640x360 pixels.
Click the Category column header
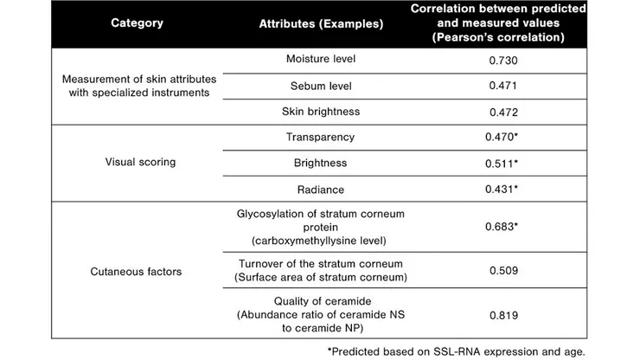(137, 23)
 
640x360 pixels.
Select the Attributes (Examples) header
(322, 24)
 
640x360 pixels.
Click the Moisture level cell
(321, 60)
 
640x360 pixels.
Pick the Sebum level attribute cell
(321, 87)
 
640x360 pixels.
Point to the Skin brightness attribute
(321, 112)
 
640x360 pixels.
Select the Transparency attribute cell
(321, 137)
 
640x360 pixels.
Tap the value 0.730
(502, 61)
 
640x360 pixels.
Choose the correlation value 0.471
(502, 87)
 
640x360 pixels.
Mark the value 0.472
(502, 112)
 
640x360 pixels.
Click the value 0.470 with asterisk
(504, 137)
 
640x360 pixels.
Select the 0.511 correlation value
(504, 162)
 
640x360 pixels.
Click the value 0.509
(502, 269)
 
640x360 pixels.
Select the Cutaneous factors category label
(137, 271)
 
